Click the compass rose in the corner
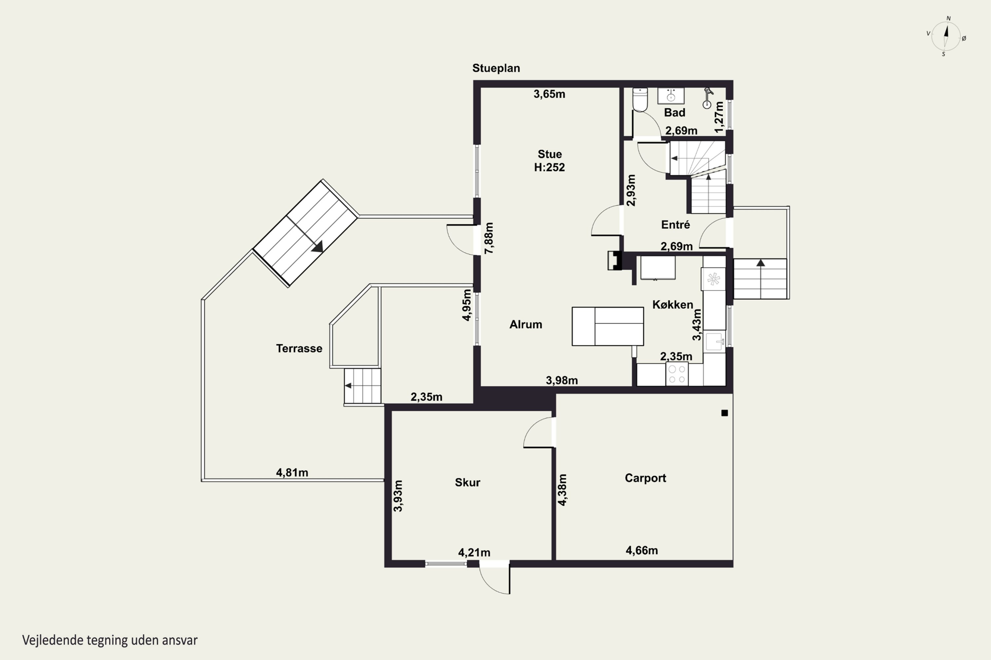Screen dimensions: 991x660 946,37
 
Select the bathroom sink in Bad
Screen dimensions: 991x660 671,96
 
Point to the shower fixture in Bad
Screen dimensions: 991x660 708,98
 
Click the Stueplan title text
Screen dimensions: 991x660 496,68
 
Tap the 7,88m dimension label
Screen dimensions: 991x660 489,238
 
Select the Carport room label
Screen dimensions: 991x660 645,478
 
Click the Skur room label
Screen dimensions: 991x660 467,482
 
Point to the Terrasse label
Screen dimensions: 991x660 299,348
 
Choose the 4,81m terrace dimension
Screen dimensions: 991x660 292,473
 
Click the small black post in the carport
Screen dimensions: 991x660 725,413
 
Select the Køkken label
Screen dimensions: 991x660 673,305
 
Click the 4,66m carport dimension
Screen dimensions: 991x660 642,550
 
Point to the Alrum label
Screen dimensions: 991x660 526,324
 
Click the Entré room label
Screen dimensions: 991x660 676,225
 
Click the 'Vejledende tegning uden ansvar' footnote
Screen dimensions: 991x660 110,641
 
